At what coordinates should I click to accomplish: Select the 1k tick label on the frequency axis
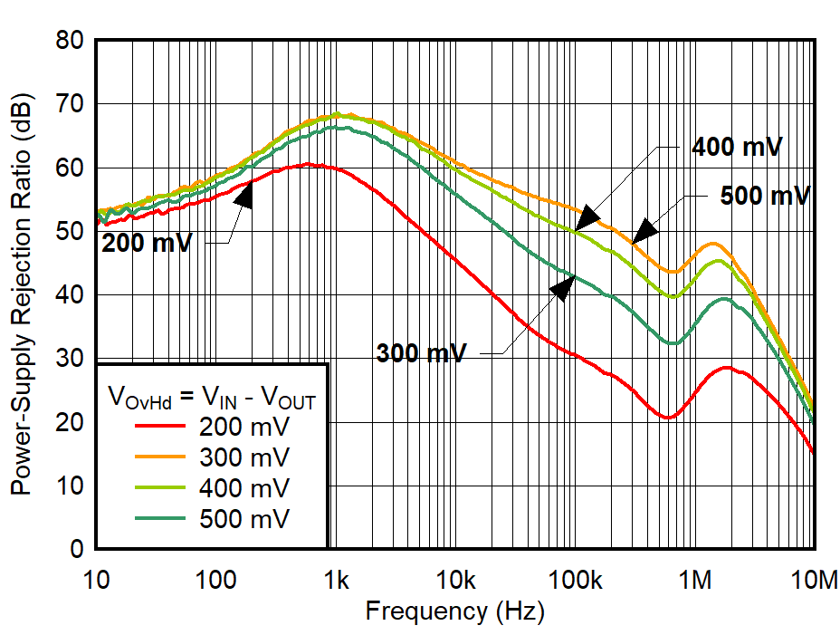click(x=337, y=578)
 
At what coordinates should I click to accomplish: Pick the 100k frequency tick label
click(x=575, y=578)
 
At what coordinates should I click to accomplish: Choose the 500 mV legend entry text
click(x=244, y=518)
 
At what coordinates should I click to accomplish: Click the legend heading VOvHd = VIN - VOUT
click(x=211, y=396)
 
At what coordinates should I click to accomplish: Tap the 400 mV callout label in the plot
click(x=736, y=148)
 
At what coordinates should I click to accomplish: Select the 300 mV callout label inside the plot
click(x=421, y=353)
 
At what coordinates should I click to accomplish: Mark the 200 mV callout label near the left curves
click(x=147, y=243)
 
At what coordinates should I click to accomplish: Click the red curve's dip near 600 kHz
click(x=667, y=418)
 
